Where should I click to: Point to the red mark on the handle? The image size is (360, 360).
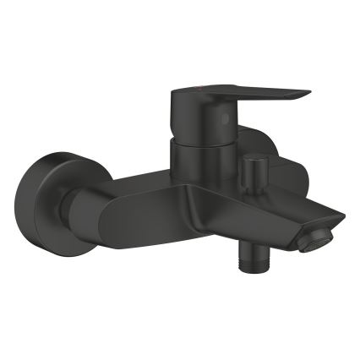[x=199, y=86]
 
